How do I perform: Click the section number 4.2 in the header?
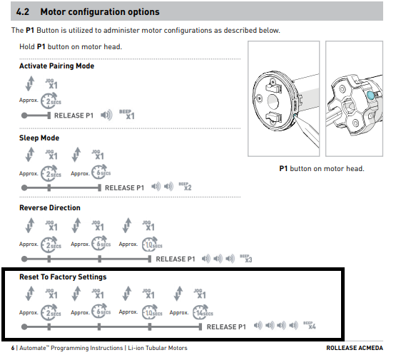(x=23, y=12)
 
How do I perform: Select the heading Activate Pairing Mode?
(x=57, y=66)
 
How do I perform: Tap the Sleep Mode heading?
(x=39, y=138)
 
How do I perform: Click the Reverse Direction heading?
(x=50, y=207)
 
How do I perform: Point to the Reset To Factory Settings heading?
(x=63, y=277)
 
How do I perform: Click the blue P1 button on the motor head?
(x=370, y=96)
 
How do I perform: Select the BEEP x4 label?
(x=310, y=325)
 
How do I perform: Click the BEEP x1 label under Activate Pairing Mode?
(x=127, y=114)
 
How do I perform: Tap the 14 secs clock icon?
(x=203, y=312)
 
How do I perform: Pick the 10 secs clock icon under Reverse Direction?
(x=152, y=245)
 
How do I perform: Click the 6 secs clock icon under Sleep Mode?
(x=101, y=173)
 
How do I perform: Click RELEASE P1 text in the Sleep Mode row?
(x=124, y=188)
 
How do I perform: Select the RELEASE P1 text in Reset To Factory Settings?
(x=226, y=327)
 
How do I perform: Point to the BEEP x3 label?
(x=246, y=258)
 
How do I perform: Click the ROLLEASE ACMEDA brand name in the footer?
(x=355, y=348)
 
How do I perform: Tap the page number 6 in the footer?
(x=13, y=348)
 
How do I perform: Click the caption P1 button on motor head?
(x=322, y=168)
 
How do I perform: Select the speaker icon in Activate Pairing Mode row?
(x=106, y=115)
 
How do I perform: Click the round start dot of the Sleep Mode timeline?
(x=24, y=187)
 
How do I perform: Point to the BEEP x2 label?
(x=185, y=187)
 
